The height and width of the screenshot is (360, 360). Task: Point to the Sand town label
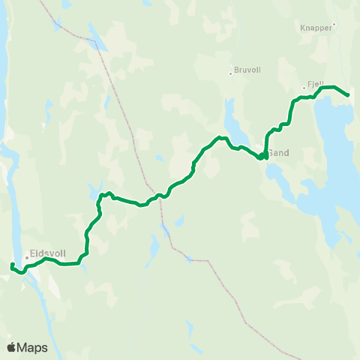(x=279, y=153)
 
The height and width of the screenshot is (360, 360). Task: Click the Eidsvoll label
(x=47, y=253)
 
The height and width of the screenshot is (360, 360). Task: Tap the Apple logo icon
(x=11, y=347)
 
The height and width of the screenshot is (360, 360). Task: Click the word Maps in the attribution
(x=32, y=347)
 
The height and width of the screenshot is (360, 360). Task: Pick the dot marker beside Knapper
(x=334, y=24)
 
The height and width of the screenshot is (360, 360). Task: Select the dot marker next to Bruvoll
(x=230, y=73)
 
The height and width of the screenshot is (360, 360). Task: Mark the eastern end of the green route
(x=349, y=95)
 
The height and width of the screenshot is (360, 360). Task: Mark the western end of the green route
(x=11, y=265)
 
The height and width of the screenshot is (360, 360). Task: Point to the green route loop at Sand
(x=262, y=156)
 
